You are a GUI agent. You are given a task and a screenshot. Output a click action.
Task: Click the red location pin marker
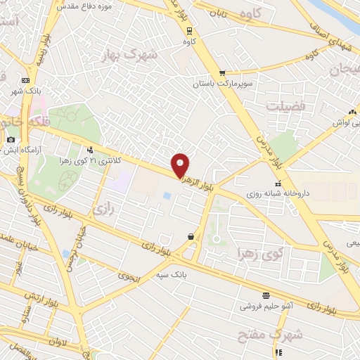point(181,165)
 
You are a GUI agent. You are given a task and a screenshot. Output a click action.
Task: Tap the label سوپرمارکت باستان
point(222,84)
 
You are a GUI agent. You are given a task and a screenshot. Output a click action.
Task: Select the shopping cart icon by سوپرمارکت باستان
point(222,72)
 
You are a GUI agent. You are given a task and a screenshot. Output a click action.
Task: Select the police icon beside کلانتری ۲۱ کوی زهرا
point(89,149)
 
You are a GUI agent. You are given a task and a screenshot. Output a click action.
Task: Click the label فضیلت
point(283,105)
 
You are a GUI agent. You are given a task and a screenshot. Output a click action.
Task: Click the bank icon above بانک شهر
point(26,81)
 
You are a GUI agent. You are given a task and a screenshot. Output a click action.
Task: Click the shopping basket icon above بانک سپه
point(191,237)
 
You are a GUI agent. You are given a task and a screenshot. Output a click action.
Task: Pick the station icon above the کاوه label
point(188,30)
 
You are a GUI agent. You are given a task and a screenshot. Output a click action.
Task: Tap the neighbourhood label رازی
point(103,209)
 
